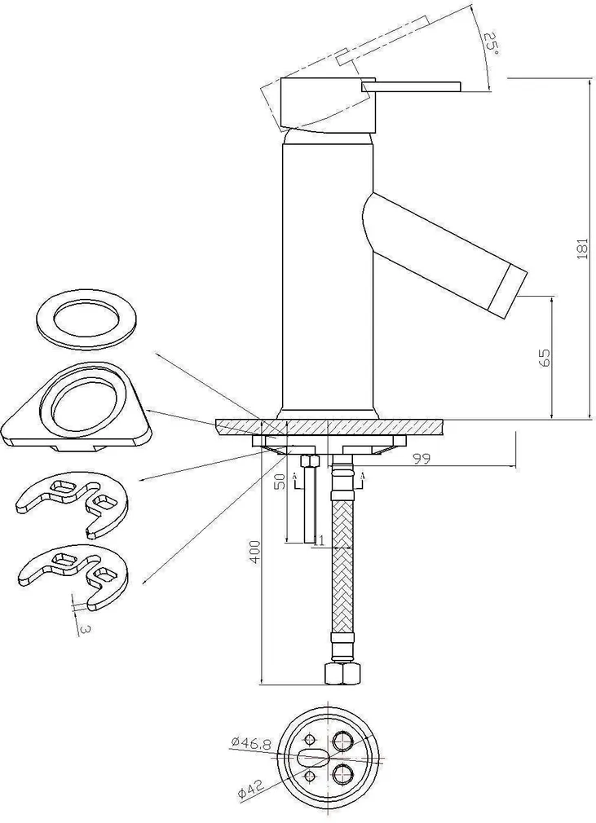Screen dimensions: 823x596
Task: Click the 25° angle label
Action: tap(491, 42)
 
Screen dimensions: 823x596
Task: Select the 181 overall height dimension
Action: tap(581, 249)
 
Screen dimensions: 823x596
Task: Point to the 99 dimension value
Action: tap(422, 460)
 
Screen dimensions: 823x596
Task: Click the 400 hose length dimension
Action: tap(255, 553)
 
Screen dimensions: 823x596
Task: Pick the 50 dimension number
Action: tap(279, 481)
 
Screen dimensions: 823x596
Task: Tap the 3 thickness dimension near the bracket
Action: tap(85, 628)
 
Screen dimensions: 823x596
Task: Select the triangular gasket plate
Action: tap(78, 408)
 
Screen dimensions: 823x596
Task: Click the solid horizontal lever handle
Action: tap(412, 87)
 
